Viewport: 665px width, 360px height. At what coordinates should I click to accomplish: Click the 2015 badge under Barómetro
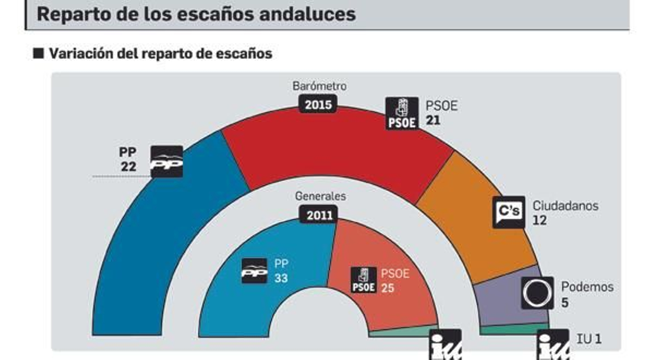point(318,104)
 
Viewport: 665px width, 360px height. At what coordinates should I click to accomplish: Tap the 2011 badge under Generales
point(319,215)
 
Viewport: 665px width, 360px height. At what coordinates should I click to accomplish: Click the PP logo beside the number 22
point(167,162)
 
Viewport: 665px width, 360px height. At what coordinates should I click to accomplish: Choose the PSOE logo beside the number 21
point(402,113)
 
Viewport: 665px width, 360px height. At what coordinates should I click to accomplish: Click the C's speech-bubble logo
point(509,212)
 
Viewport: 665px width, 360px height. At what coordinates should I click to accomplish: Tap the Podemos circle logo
point(537,293)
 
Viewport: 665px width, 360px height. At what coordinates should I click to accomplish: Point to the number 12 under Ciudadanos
point(539,220)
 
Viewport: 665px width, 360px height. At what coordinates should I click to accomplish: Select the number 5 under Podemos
point(565,302)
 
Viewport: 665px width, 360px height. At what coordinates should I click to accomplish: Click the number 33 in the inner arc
point(281,278)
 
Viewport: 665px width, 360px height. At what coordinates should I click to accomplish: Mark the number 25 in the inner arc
point(387,288)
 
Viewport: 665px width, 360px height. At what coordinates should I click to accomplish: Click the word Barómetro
point(319,86)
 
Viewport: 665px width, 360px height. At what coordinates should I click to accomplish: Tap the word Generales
point(320,196)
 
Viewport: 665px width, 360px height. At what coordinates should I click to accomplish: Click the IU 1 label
point(589,339)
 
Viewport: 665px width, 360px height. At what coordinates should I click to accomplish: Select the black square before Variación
point(39,53)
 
